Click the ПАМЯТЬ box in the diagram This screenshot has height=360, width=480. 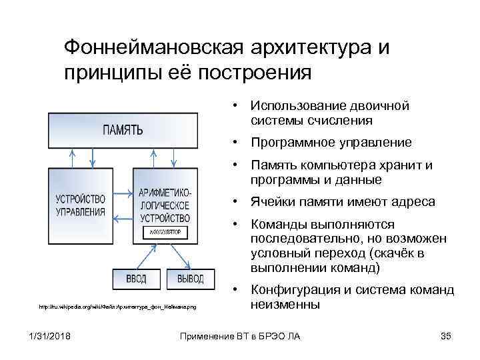123,129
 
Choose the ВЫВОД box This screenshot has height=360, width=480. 190,278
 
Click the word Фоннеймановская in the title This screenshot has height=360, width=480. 155,48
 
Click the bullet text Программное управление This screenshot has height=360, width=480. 331,143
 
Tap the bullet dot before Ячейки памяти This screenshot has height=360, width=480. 235,201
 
